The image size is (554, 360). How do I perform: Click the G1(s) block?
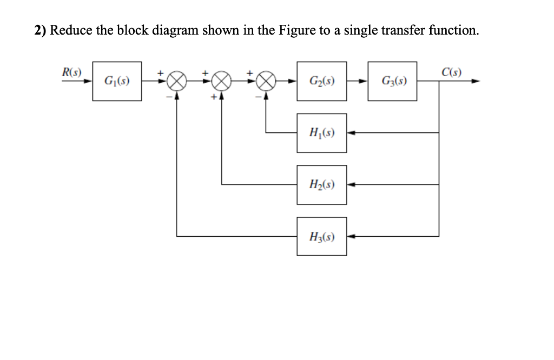tap(117, 81)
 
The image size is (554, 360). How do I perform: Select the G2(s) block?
tap(321, 81)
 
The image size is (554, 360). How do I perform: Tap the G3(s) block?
tap(392, 81)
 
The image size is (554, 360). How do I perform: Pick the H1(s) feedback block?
tap(321, 132)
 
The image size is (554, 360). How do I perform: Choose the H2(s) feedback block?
tap(321, 184)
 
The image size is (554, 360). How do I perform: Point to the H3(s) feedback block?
tap(321, 236)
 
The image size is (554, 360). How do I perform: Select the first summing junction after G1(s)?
tap(177, 82)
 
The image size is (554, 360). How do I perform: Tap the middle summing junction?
tap(222, 82)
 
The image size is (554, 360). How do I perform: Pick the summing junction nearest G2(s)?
tap(266, 82)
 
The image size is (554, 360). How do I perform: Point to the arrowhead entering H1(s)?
tap(351, 132)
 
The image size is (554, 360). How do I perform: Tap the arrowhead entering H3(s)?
tap(351, 236)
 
